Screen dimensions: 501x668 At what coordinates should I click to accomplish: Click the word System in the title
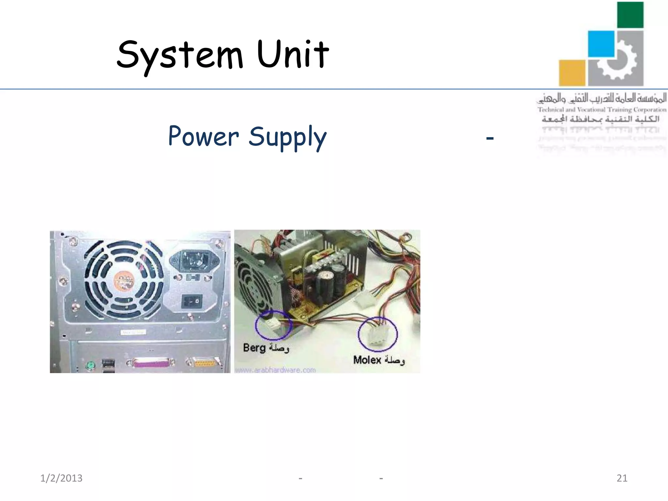(180, 55)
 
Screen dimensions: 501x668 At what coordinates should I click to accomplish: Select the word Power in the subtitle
(204, 136)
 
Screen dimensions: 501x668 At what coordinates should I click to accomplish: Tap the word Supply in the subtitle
(287, 137)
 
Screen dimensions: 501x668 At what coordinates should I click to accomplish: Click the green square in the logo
(630, 15)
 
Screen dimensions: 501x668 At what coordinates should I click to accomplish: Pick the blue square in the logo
(601, 44)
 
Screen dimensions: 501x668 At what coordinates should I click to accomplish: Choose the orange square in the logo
(572, 73)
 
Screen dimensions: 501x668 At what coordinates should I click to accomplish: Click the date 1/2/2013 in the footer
(61, 478)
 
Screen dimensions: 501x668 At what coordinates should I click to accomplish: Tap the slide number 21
(622, 478)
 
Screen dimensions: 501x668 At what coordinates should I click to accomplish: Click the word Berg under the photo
(254, 348)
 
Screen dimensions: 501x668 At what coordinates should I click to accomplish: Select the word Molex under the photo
(367, 360)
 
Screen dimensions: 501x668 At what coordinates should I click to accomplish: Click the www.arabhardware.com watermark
(275, 370)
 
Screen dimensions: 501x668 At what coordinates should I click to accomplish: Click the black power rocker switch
(192, 301)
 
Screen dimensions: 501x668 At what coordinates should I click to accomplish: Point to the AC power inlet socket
(195, 260)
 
